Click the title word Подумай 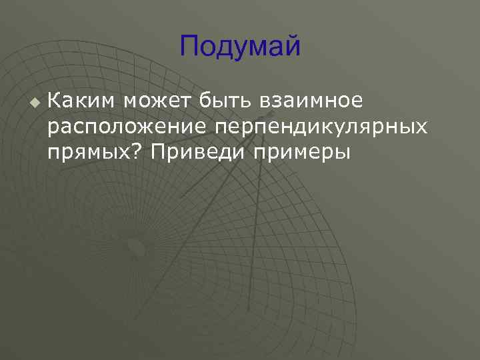[x=240, y=47]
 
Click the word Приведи [x=197, y=152]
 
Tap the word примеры [x=301, y=152]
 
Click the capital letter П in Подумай [x=188, y=47]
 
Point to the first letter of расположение [x=52, y=128]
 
